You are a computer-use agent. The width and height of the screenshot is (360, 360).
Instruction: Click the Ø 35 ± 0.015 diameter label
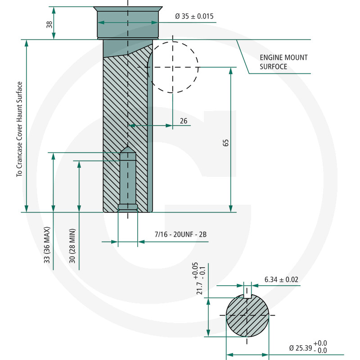point(194,16)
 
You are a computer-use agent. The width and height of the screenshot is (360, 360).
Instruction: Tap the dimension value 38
point(49,25)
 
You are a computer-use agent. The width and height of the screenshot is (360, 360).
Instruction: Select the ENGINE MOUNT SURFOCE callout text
point(283,62)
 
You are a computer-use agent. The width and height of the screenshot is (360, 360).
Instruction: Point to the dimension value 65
point(226,143)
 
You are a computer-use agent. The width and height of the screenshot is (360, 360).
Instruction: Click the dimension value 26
point(184,121)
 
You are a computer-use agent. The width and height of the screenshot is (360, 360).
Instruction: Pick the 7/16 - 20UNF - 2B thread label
point(180,234)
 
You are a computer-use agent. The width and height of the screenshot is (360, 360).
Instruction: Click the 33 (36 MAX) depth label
point(47,245)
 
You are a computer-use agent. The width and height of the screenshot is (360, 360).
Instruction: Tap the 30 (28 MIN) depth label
point(72,246)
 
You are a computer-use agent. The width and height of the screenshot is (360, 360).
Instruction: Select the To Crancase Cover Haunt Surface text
point(19,129)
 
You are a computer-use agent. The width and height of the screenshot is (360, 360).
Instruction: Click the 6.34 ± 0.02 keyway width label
point(281,279)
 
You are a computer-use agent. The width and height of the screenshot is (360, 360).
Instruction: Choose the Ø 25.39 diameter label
point(308,347)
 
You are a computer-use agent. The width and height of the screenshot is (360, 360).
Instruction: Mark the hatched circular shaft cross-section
point(247,316)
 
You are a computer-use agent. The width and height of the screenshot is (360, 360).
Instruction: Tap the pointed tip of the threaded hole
point(128,147)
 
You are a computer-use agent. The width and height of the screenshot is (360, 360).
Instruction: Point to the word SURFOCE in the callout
point(274,67)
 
